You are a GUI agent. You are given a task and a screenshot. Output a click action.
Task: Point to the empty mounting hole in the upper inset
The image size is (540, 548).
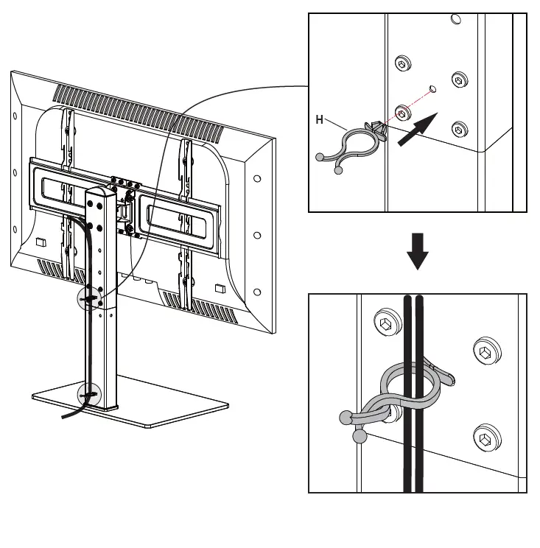click(432, 89)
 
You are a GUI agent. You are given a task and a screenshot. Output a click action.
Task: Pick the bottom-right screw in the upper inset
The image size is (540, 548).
click(459, 128)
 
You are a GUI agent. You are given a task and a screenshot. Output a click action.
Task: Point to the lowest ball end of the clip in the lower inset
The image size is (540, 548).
click(360, 437)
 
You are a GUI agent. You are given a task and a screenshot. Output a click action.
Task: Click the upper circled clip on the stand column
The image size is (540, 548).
click(90, 298)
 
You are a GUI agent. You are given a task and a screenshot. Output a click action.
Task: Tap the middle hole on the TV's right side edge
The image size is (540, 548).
click(257, 235)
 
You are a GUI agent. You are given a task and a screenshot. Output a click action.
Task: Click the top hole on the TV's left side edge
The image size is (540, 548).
click(15, 116)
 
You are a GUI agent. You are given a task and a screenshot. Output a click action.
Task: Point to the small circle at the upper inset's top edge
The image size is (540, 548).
click(456, 18)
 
